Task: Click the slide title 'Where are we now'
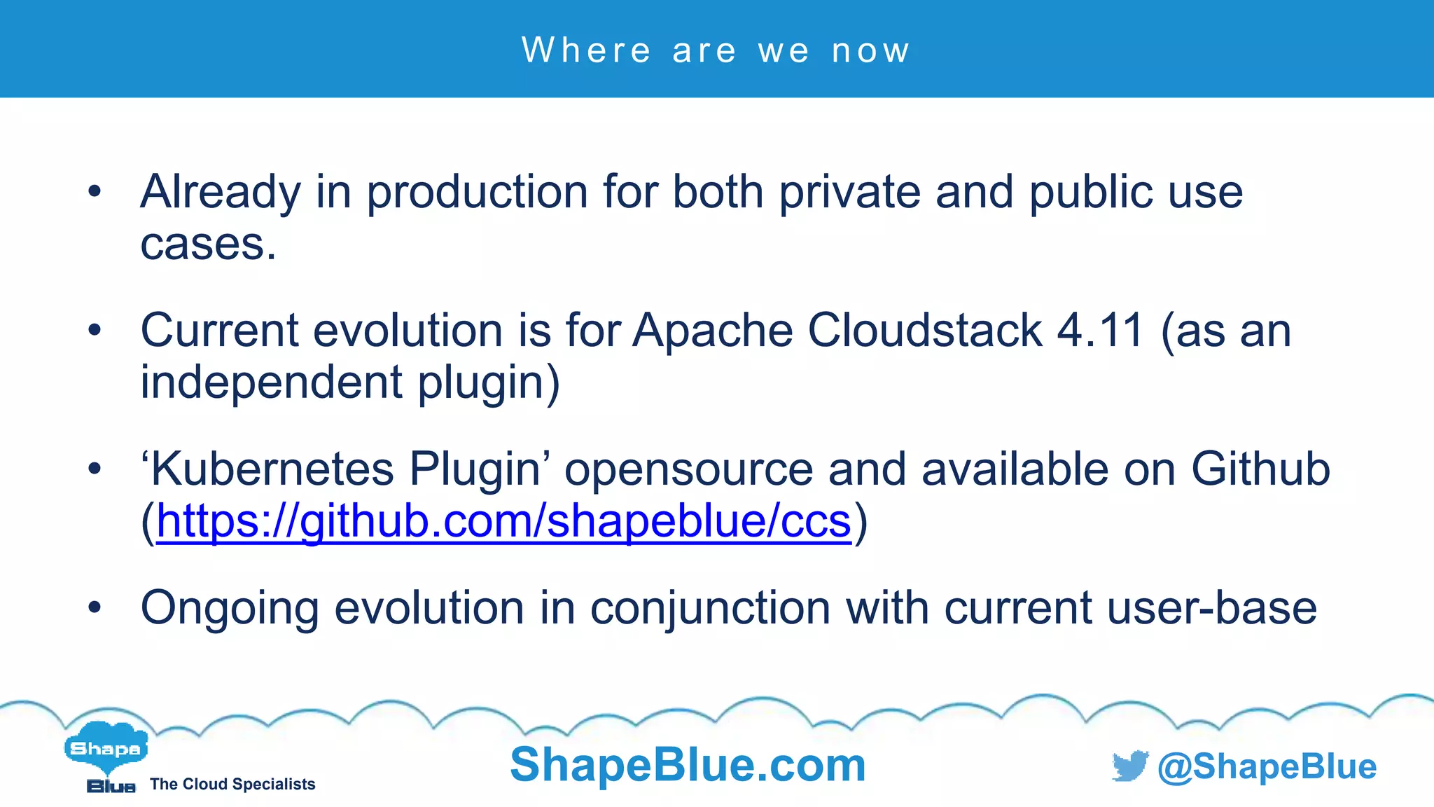(x=716, y=50)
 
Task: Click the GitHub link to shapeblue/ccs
(x=503, y=522)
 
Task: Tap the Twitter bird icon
(x=1129, y=766)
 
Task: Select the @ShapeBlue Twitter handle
(x=1267, y=766)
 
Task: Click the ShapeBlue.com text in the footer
(x=688, y=764)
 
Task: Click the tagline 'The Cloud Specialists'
(x=232, y=785)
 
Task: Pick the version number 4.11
(x=1100, y=330)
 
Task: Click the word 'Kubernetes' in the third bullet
(x=272, y=469)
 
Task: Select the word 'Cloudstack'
(x=925, y=330)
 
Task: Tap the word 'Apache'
(x=712, y=330)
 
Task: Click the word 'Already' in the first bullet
(x=220, y=192)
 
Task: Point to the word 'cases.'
(x=208, y=244)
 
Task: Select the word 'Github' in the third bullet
(x=1260, y=469)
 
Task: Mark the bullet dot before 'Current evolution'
(x=95, y=330)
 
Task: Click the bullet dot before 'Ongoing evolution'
(x=95, y=607)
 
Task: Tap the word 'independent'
(x=272, y=382)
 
